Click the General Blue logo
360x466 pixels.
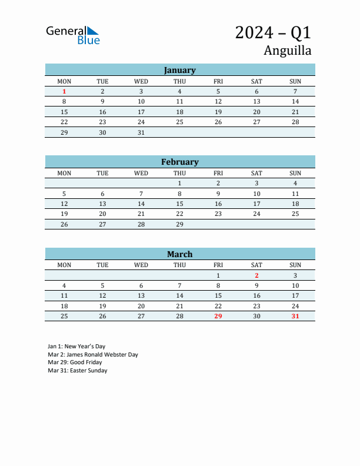click(x=73, y=35)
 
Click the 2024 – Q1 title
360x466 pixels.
click(x=273, y=32)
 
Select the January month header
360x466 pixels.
click(x=179, y=70)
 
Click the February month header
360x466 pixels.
click(x=179, y=162)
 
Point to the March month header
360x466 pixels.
click(x=179, y=254)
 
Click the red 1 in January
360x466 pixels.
click(x=64, y=91)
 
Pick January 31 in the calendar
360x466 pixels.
click(x=141, y=132)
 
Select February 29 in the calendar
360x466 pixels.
click(x=179, y=224)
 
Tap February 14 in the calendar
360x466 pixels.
click(x=141, y=204)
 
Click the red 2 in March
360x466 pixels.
click(x=256, y=275)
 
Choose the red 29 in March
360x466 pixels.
click(x=218, y=317)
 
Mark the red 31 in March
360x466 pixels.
click(x=295, y=317)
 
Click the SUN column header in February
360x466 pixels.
click(x=295, y=173)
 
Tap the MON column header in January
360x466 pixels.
click(x=64, y=81)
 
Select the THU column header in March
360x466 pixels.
click(x=179, y=265)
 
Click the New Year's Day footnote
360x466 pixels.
click(x=76, y=346)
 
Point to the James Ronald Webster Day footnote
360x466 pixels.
click(x=93, y=354)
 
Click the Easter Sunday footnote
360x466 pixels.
click(x=78, y=371)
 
